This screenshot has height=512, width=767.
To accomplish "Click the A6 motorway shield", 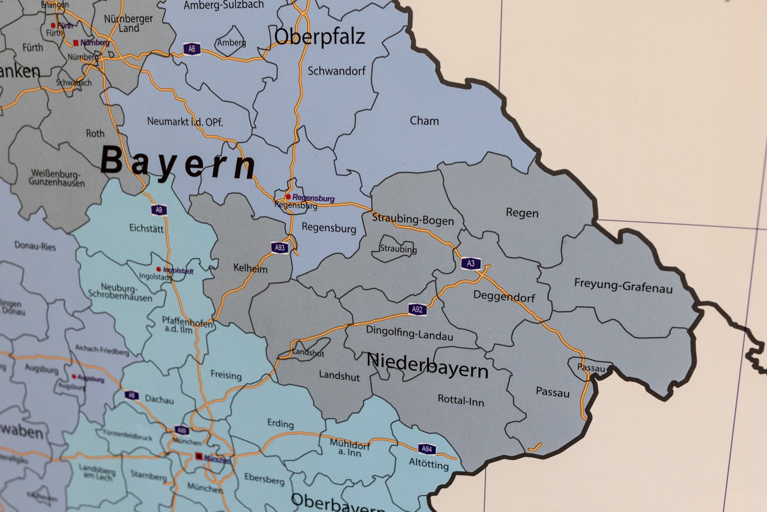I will tap(192, 49).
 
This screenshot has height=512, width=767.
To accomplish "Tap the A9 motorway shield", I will tap(159, 210).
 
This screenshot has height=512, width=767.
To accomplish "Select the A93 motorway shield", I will tap(280, 248).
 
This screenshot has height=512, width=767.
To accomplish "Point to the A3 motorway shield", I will tap(470, 264).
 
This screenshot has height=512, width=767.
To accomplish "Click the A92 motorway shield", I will tap(417, 310).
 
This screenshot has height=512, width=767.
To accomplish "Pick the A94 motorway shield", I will tap(427, 449).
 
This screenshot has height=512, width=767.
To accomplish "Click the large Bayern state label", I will tap(178, 163).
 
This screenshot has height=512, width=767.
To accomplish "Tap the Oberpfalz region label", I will tap(319, 37).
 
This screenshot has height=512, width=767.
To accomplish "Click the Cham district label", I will tap(424, 121).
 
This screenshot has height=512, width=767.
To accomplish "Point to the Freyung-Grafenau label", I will tap(623, 285).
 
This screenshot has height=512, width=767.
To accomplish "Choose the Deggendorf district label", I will tap(504, 296).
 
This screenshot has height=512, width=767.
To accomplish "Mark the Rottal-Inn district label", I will tap(460, 400).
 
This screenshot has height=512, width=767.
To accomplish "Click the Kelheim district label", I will tap(251, 269).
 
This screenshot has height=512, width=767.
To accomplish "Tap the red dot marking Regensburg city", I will tap(288, 197).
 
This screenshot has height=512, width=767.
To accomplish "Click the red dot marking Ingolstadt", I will tap(158, 270).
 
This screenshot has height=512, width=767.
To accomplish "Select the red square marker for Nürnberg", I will tap(76, 43).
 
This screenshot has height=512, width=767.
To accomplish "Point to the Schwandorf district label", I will tap(337, 71).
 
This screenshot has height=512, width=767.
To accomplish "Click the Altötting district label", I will tap(429, 464).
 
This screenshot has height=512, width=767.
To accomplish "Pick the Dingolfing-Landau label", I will tap(409, 333).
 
